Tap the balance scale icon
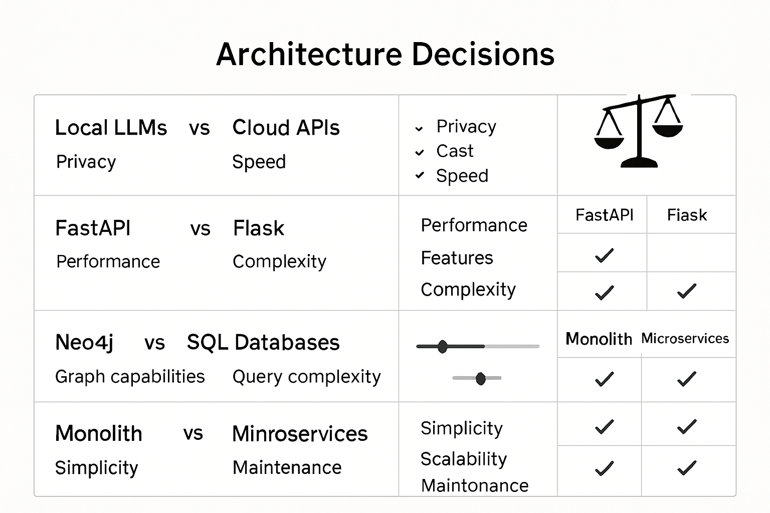(639, 131)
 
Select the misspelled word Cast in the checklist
(455, 151)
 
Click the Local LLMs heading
(111, 128)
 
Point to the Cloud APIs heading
(286, 128)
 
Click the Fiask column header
(687, 215)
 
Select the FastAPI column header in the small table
(604, 215)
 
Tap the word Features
(457, 258)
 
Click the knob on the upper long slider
(442, 346)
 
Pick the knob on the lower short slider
(480, 378)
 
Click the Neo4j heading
(84, 343)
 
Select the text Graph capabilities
(130, 377)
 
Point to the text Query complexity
(306, 377)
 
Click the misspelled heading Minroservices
(300, 434)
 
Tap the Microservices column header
(685, 339)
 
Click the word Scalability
(463, 459)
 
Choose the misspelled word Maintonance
(475, 485)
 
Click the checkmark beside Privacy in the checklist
(419, 129)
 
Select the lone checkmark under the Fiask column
(686, 291)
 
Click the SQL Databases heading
(263, 343)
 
